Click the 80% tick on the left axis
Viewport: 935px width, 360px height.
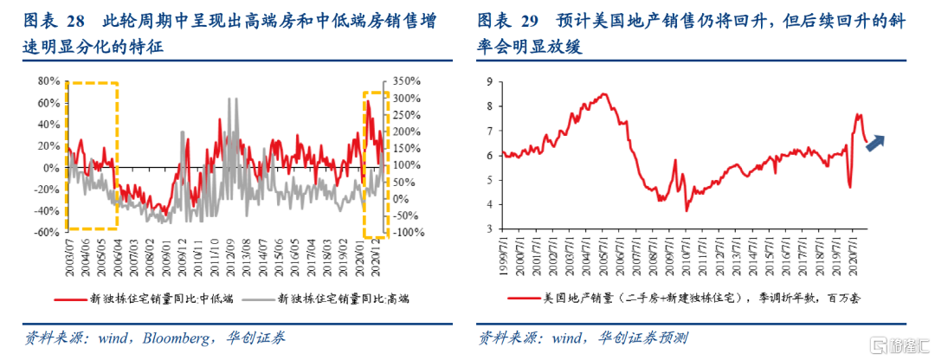(x=46, y=81)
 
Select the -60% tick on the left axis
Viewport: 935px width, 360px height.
(x=44, y=232)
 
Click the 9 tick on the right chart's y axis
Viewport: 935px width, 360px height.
(x=490, y=81)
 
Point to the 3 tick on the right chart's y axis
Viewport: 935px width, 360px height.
(x=490, y=229)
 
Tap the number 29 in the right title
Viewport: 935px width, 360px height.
(x=544, y=21)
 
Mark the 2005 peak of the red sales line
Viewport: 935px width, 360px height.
(x=603, y=93)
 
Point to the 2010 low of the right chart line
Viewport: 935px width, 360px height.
(x=687, y=210)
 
